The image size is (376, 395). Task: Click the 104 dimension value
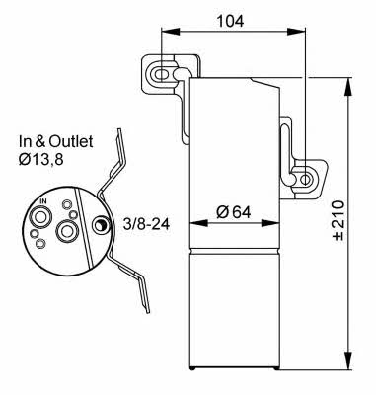(x=230, y=21)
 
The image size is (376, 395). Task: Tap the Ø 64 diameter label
(x=234, y=212)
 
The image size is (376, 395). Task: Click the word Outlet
(x=71, y=141)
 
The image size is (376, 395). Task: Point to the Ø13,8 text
(x=41, y=160)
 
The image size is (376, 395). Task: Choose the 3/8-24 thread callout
(x=146, y=224)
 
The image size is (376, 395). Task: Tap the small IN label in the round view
(x=43, y=201)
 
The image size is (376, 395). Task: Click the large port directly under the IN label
(x=40, y=217)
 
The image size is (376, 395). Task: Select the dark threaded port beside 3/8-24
(x=100, y=225)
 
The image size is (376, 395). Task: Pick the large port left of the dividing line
(x=67, y=231)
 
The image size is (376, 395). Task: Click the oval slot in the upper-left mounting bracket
(x=161, y=74)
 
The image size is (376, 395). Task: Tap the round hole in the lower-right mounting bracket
(x=306, y=180)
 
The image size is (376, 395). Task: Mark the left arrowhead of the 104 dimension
(x=171, y=32)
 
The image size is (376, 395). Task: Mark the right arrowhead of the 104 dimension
(x=297, y=32)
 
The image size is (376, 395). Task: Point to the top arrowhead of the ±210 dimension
(x=349, y=87)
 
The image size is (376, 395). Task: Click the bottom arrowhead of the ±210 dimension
(x=349, y=360)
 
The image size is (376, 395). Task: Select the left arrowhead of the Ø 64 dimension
(x=199, y=223)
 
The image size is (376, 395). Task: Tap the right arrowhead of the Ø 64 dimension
(x=270, y=223)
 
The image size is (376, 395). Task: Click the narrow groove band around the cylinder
(x=235, y=251)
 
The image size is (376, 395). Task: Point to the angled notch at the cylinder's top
(x=265, y=83)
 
